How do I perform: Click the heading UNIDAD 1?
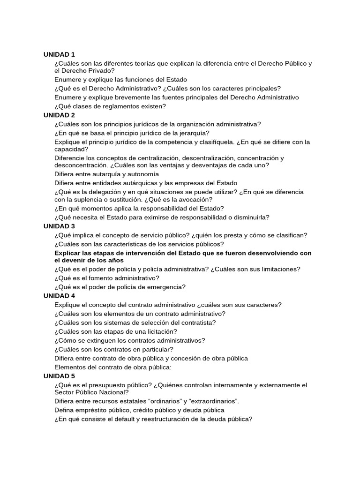(59, 54)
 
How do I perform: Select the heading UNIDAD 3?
(59, 226)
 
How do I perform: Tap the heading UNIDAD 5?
(59, 376)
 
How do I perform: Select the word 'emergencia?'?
(166, 287)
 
